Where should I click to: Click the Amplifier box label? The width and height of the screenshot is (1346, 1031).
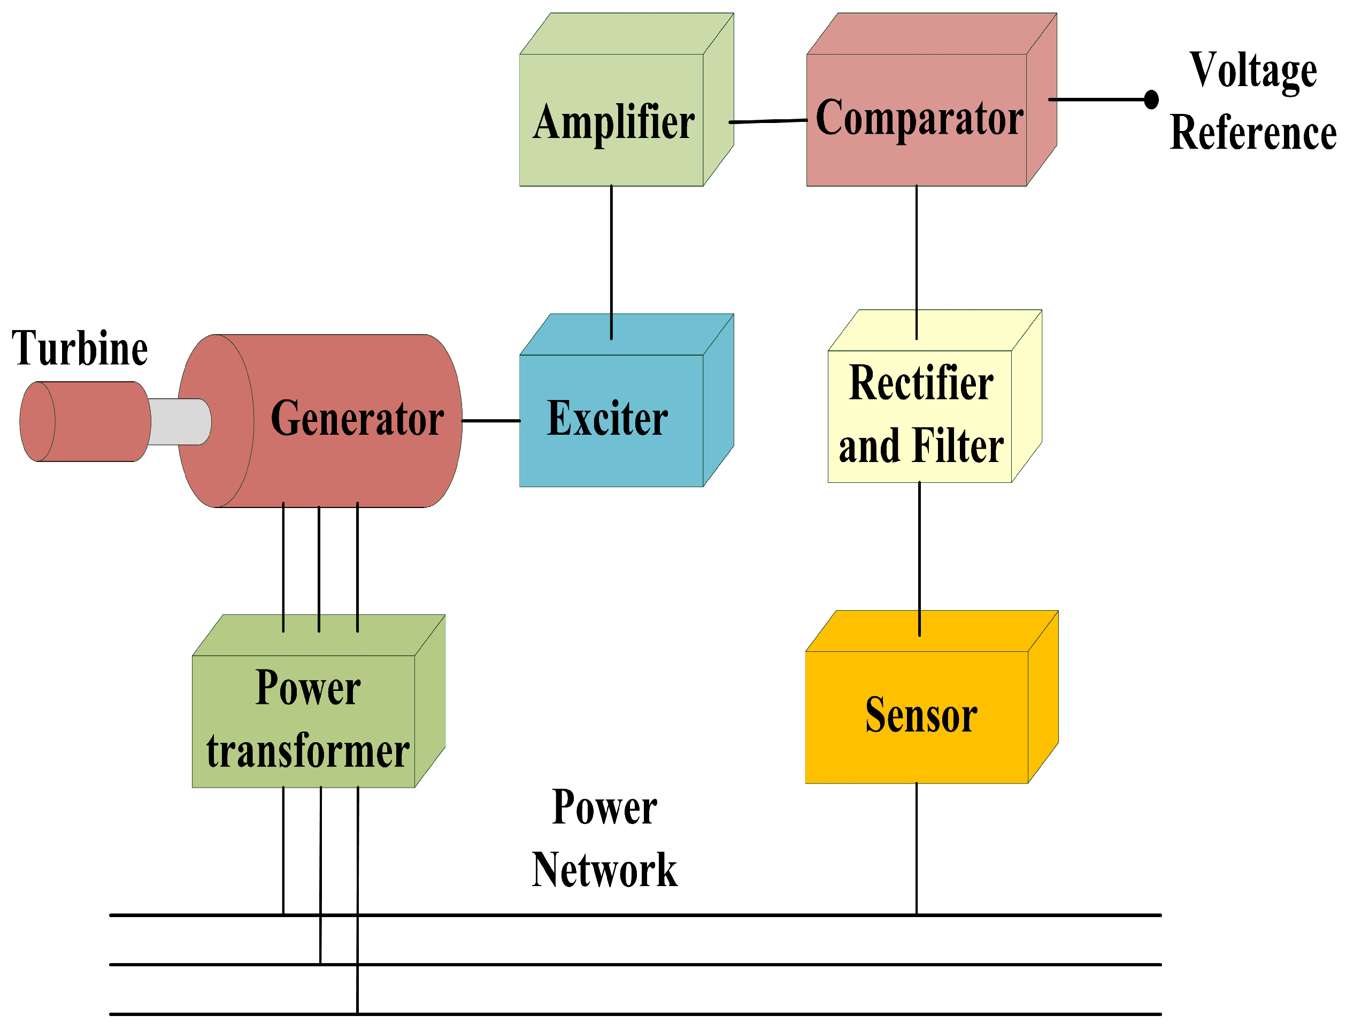tap(613, 123)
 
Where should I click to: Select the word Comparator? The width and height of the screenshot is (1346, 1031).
tap(919, 118)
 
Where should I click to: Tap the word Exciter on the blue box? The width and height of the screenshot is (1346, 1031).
tap(607, 419)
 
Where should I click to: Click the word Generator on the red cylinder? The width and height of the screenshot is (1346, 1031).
tap(357, 419)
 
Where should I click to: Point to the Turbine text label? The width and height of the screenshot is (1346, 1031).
tap(80, 349)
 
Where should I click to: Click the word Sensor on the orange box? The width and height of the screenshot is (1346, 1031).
tap(921, 715)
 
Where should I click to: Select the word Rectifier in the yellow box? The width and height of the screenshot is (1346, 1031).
tap(921, 383)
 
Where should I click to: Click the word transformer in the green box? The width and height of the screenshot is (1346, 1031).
tap(307, 752)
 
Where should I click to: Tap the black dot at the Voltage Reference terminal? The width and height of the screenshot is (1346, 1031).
tap(1151, 99)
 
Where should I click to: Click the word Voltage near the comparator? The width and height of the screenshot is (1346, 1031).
tap(1253, 71)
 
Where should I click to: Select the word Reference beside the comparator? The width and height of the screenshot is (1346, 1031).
tap(1253, 133)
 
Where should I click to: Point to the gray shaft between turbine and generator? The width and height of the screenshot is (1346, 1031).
tap(180, 421)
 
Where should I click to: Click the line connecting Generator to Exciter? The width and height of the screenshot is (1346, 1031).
tap(490, 421)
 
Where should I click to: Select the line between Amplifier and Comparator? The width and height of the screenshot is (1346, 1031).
tap(767, 121)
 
